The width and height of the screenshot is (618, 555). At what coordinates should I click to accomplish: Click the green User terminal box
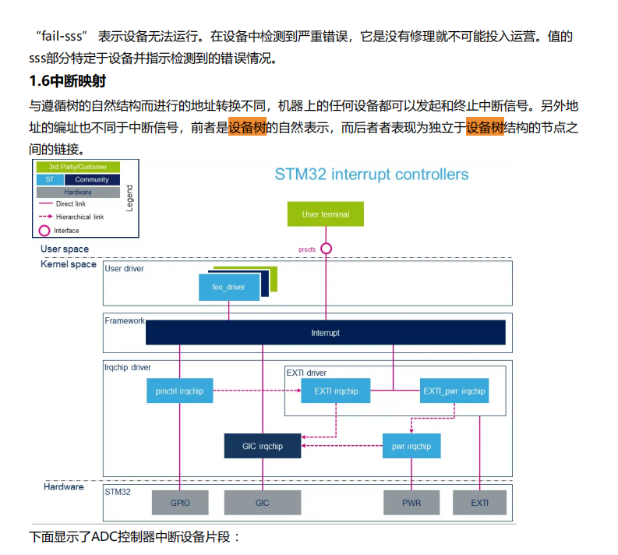pos(326,214)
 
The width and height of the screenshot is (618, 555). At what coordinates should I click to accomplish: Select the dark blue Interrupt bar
pos(325,333)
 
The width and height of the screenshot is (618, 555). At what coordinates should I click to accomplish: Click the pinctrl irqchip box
pos(180,391)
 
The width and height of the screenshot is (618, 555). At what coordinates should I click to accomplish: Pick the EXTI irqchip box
pos(336,391)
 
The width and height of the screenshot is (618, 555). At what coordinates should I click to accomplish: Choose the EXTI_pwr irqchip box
pos(453,391)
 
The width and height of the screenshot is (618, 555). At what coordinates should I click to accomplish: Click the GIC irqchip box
pos(262,446)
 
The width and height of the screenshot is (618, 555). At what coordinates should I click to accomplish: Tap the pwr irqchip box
pos(411,446)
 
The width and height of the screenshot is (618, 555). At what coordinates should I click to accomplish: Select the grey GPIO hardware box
pos(180,503)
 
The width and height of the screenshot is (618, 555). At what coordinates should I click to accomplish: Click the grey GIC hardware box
pos(262,503)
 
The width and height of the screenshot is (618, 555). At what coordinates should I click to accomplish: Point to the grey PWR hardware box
pos(411,503)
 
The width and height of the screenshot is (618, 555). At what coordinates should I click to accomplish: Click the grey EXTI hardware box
pos(479,503)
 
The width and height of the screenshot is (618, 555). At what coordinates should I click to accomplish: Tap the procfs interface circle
pos(326,249)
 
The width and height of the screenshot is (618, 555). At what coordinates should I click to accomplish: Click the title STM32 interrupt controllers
pos(371,174)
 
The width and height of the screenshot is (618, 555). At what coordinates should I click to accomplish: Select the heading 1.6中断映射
pos(67,81)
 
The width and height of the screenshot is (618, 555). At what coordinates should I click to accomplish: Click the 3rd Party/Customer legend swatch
pos(78,167)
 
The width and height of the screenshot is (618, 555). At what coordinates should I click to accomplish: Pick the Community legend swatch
pos(92,179)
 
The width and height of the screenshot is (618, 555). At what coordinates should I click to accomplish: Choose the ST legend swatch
pos(49,179)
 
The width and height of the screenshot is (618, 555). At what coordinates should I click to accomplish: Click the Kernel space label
pos(69,264)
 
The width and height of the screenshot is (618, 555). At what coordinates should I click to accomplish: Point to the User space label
pos(65,249)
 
